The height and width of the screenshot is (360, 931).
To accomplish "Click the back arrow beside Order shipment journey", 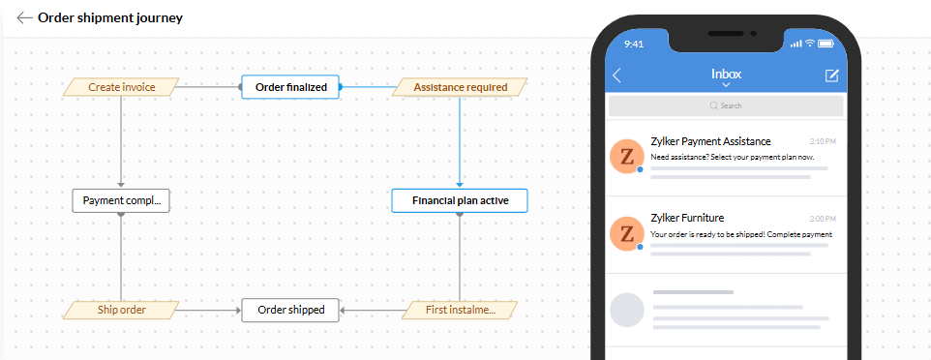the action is (x=24, y=17).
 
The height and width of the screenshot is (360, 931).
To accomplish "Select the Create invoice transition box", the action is (x=121, y=87).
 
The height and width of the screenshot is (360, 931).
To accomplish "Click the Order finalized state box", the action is (x=290, y=87).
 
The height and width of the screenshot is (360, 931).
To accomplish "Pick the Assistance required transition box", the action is (x=460, y=87).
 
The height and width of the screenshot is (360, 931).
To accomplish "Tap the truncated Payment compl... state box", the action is (x=121, y=200).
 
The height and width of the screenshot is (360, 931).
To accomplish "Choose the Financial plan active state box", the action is (x=460, y=200).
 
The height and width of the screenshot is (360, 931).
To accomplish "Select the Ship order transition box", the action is (x=121, y=310).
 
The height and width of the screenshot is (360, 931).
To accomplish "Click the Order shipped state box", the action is (x=290, y=310).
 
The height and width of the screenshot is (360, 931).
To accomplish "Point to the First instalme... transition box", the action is (x=460, y=310).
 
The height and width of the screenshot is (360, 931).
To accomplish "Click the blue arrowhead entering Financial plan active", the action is (x=460, y=185).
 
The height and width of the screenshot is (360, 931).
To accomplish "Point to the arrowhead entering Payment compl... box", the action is (x=121, y=186).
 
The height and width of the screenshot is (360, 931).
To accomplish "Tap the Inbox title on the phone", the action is (x=726, y=75).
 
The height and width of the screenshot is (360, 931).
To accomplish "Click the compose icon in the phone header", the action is (x=832, y=75).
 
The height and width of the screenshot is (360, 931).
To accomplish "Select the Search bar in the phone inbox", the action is (x=726, y=105).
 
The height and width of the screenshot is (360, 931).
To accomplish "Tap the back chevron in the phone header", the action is (x=616, y=75).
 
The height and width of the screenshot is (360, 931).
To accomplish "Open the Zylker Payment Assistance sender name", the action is (x=710, y=141).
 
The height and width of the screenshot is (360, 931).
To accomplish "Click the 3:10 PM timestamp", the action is (x=823, y=142).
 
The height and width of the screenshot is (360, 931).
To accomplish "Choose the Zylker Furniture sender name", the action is (x=687, y=218).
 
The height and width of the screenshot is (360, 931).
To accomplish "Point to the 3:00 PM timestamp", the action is (x=823, y=219).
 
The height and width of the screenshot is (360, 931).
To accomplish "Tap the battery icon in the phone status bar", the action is (x=826, y=44).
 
